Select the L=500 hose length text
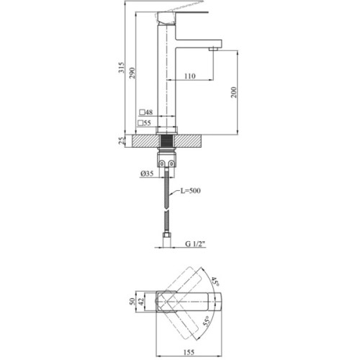[194, 191]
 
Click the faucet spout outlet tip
[214, 48]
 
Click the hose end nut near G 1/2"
[167, 236]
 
